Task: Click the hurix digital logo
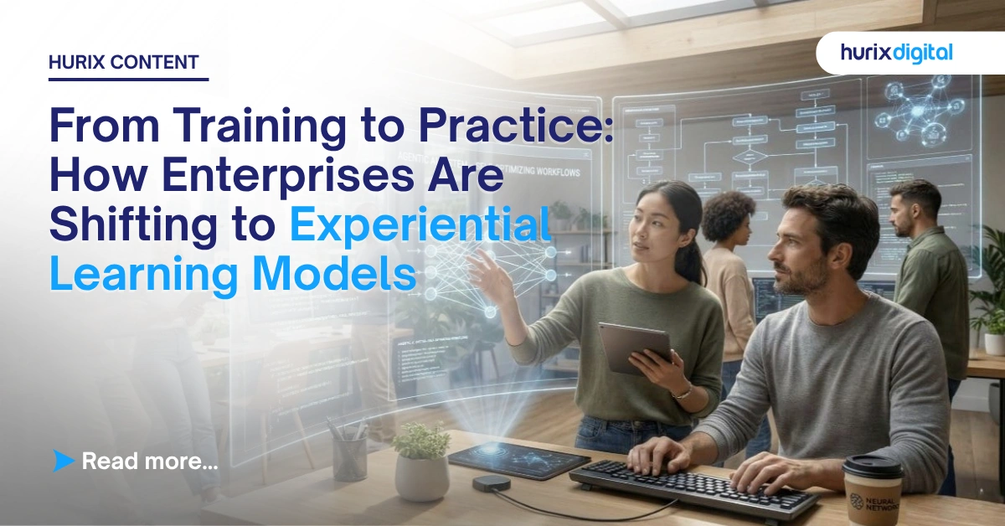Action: point(897,53)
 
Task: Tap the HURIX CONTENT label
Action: point(124,62)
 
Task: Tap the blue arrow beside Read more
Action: point(63,460)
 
